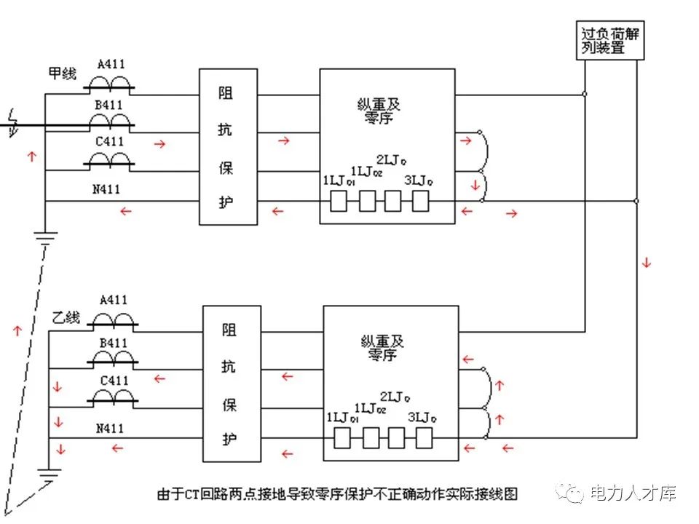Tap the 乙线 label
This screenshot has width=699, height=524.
point(66,318)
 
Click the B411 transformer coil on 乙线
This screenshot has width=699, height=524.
point(114,357)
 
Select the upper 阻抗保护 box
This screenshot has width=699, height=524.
point(228,146)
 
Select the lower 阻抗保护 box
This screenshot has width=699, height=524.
point(232,383)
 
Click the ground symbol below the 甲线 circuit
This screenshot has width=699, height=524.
point(46,237)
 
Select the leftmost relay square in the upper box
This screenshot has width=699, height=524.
point(338,201)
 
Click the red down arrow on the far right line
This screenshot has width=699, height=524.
point(646,263)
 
